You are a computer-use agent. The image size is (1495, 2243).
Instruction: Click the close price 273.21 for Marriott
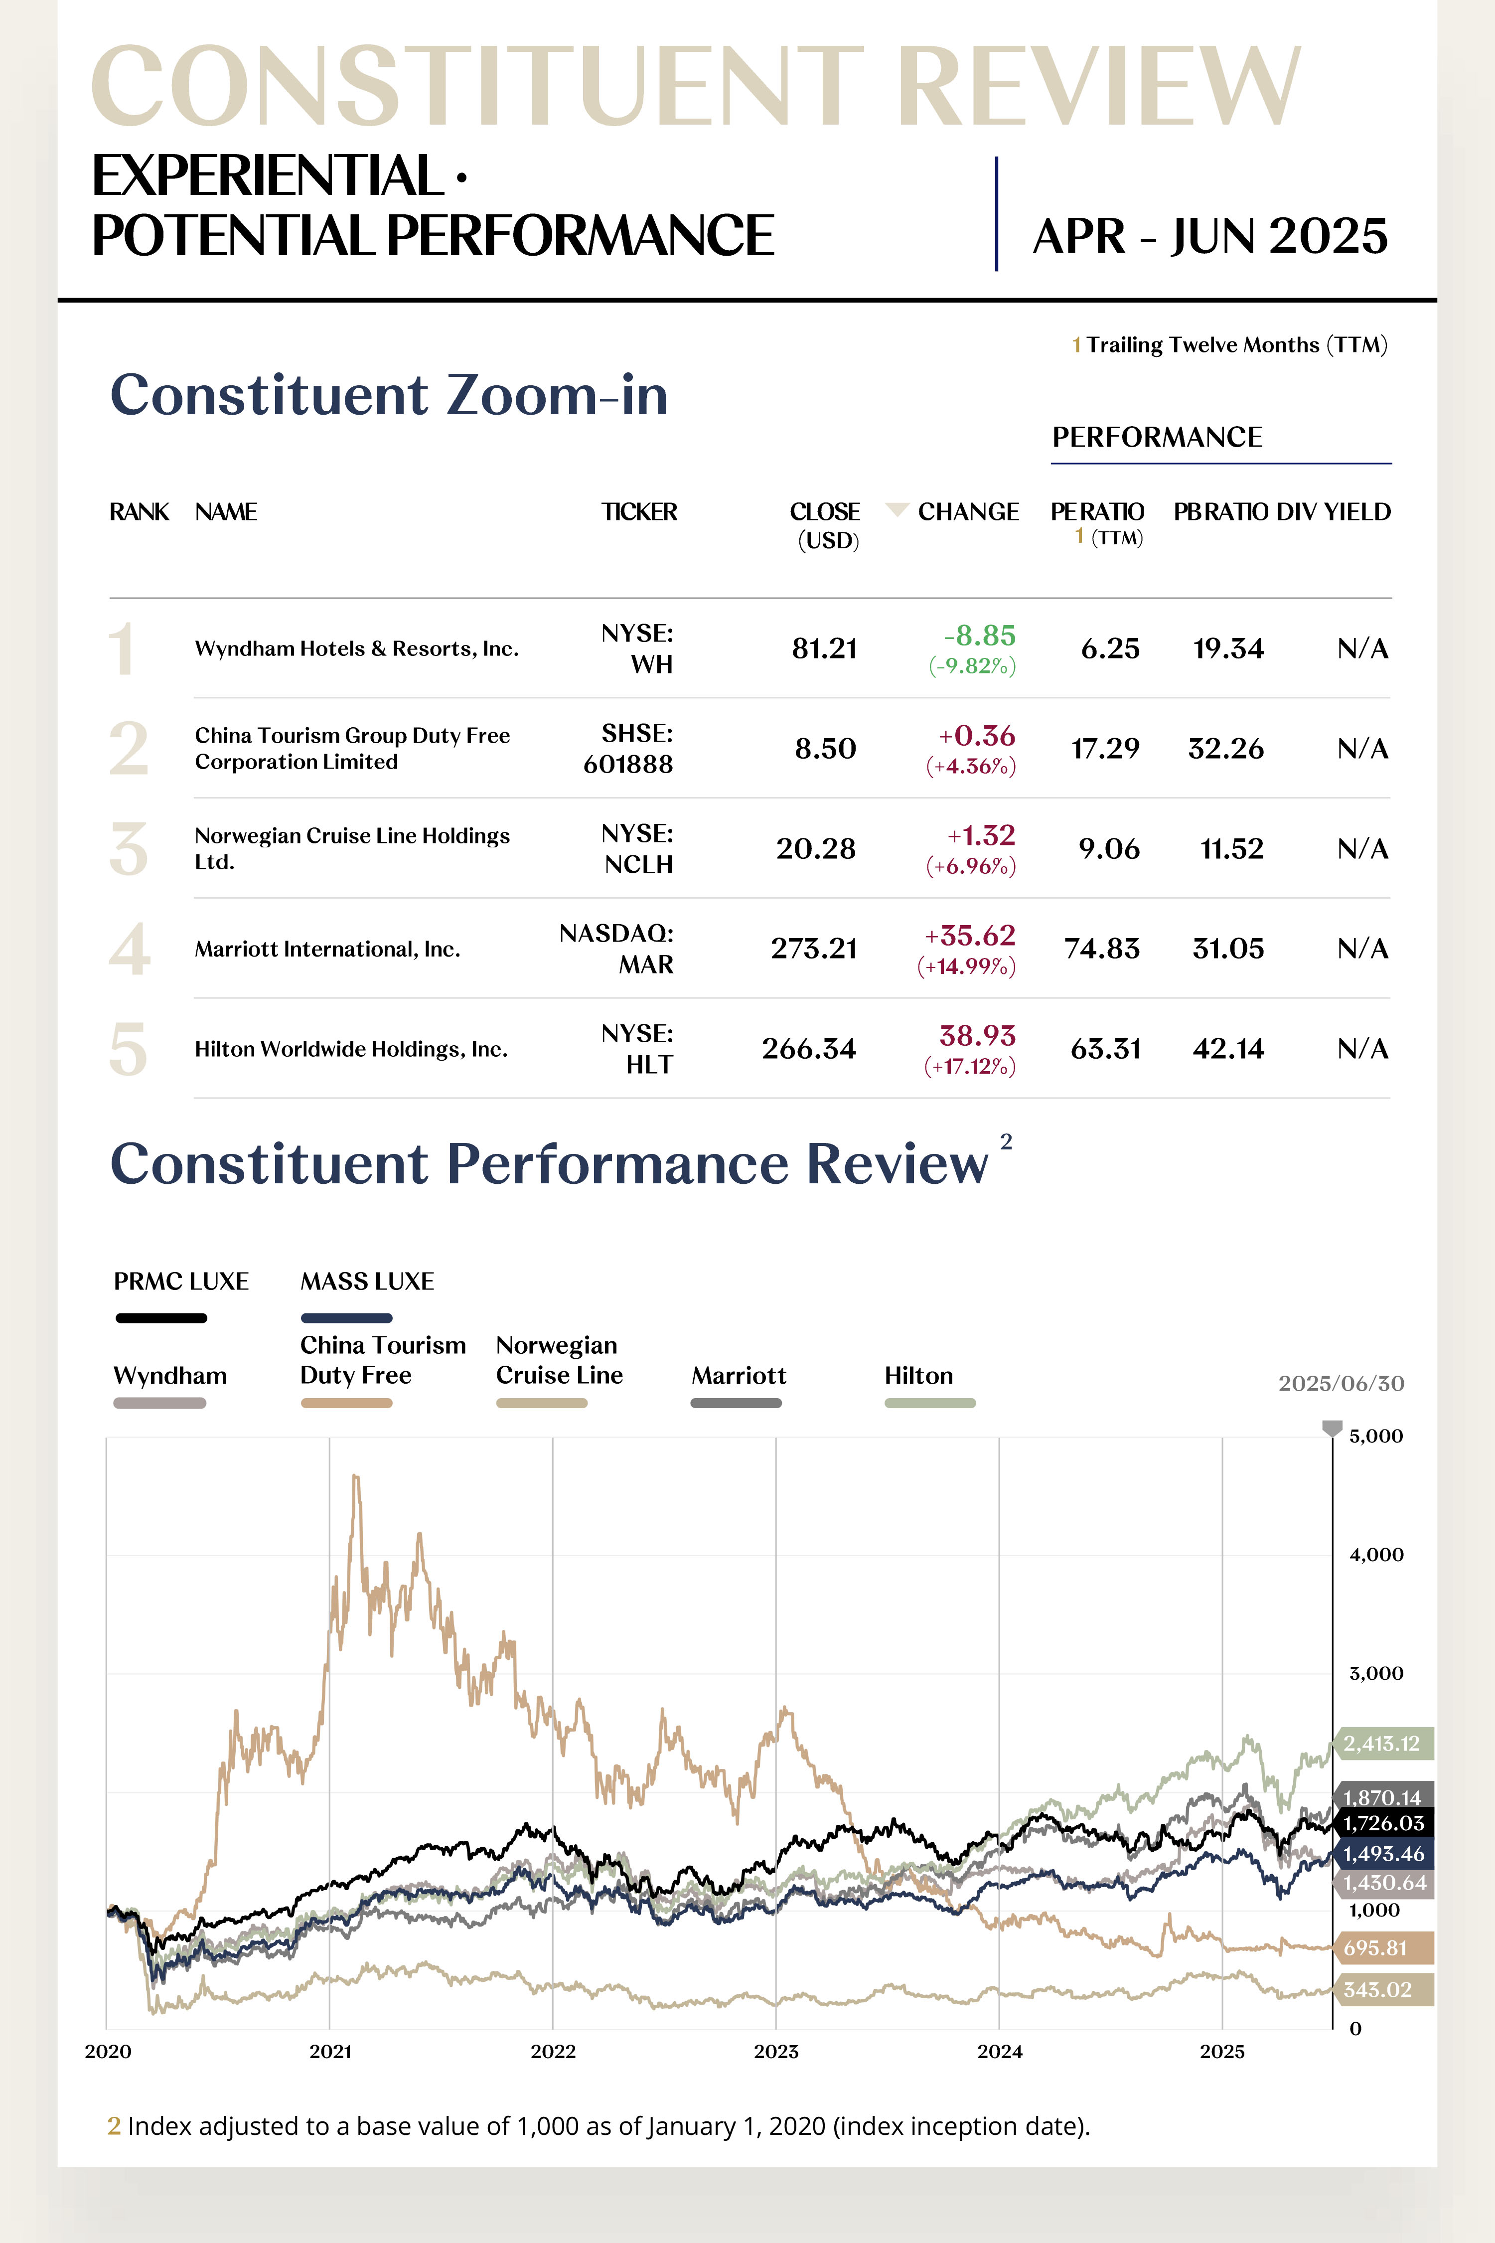813,949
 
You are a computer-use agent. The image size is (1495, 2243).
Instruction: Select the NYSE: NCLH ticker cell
637,849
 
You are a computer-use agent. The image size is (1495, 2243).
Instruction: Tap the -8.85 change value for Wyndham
979,636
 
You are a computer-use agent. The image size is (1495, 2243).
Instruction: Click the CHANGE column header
968,512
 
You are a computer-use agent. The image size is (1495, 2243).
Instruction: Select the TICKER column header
639,512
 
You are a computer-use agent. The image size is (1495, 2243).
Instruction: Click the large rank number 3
129,849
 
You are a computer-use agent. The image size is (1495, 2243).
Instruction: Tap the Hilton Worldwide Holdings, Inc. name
351,1049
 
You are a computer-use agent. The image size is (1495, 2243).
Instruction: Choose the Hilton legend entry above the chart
919,1376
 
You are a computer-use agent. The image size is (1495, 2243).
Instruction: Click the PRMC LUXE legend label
181,1282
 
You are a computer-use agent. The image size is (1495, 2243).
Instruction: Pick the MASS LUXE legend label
367,1282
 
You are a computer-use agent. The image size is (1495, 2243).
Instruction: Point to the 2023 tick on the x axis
776,2051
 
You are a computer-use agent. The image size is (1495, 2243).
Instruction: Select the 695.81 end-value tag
1376,1947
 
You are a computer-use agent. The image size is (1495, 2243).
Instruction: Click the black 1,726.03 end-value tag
1382,1823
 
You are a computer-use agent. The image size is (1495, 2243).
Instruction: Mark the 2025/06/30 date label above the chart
1341,1384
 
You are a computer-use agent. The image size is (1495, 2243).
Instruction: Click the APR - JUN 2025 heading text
1210,236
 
